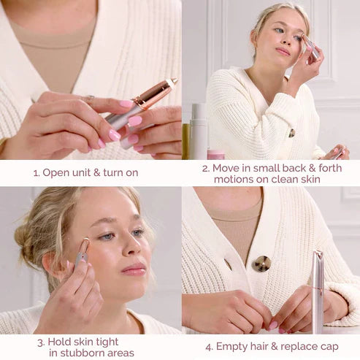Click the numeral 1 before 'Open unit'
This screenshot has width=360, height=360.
[x=36, y=173]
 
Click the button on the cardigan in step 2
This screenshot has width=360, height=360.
[x=291, y=133]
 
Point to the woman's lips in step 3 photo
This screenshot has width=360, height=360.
[x=134, y=269]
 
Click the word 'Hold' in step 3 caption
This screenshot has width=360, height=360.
[x=61, y=341]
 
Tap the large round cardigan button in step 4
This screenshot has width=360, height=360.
[x=261, y=264]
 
